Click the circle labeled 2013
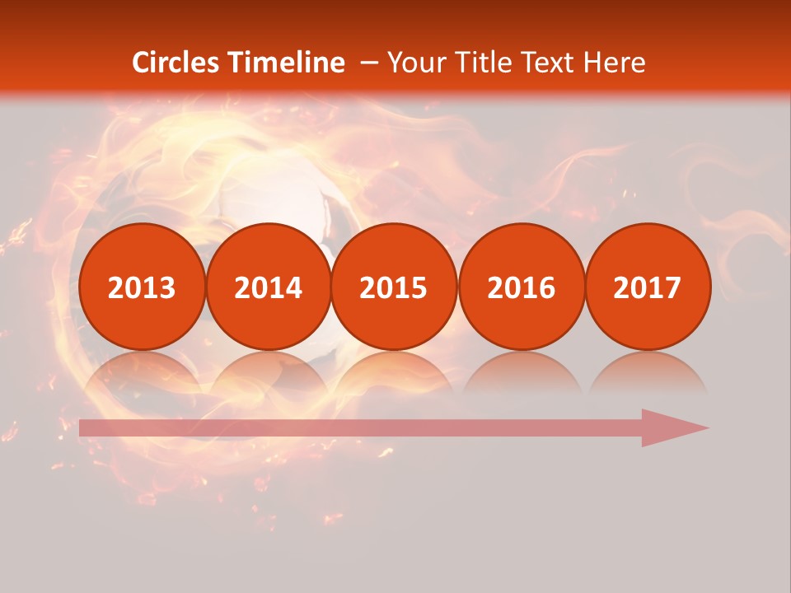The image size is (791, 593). coord(142,287)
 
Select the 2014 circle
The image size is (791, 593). coord(269,287)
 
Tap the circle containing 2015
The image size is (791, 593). coord(394,287)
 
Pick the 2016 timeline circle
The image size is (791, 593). coord(522,287)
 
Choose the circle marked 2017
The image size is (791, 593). coord(648,287)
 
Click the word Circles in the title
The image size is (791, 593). coord(176,63)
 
